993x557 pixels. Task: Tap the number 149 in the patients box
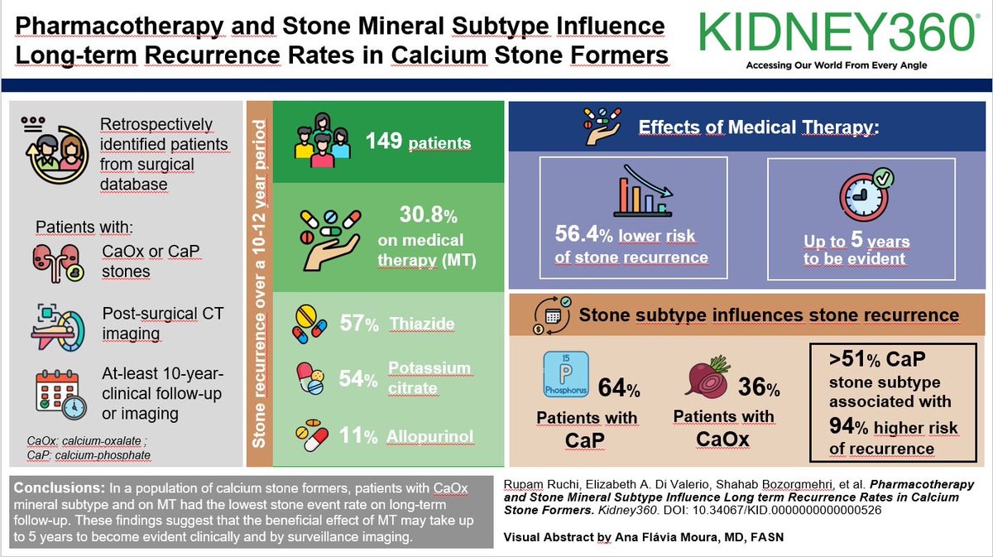(x=385, y=142)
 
